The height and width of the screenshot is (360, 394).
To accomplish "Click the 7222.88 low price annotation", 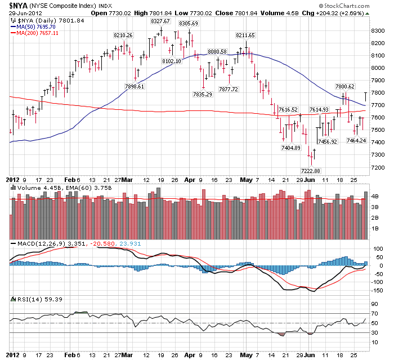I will coord(310,170).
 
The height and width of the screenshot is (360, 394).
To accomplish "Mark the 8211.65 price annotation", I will coord(245,35).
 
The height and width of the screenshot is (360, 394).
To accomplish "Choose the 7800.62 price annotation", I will coord(345,86).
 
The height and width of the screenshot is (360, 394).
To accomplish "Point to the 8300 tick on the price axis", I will coord(378,30).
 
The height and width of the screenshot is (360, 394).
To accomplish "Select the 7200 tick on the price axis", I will coord(378,167).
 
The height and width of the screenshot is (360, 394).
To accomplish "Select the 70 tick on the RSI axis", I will coord(374,313).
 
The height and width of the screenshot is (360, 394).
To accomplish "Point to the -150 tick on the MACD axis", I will coord(377,291).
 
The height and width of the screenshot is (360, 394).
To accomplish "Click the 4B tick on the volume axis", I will coord(375,197).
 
